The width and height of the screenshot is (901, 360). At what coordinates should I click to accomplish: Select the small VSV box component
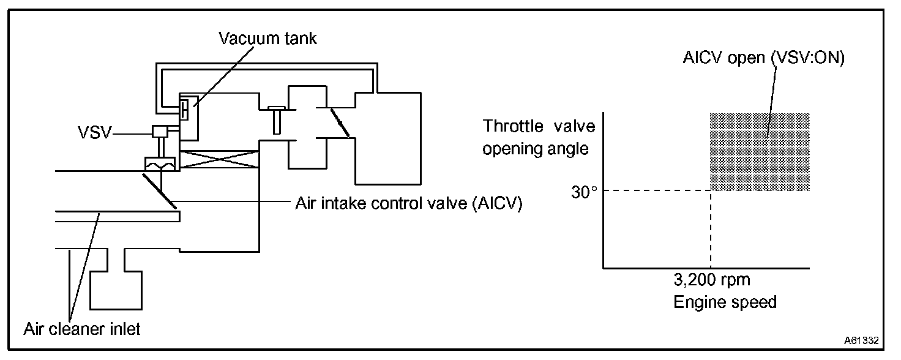click(160, 131)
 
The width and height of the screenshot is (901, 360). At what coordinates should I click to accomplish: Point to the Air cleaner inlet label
click(82, 329)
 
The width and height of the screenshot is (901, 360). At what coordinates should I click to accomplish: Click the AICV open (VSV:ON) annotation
click(763, 59)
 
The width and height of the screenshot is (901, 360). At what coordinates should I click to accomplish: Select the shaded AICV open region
click(760, 151)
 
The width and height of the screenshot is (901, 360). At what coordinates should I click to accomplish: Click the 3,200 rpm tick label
click(711, 281)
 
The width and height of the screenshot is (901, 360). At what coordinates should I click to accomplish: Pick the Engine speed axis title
click(725, 302)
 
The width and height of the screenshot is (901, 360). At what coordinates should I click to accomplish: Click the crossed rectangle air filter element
click(219, 161)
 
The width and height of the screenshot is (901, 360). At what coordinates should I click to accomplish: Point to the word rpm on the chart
click(732, 281)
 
